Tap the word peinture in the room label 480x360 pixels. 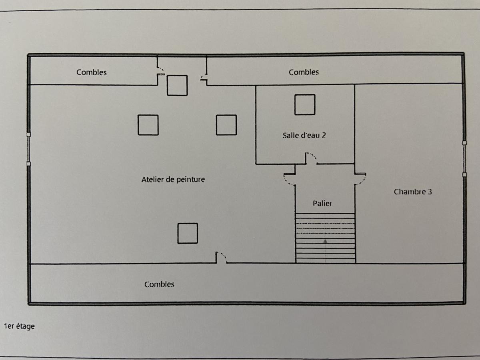(x=190, y=180)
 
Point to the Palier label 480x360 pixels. (x=322, y=204)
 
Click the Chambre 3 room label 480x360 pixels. (x=413, y=192)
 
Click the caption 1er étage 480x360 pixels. (x=19, y=326)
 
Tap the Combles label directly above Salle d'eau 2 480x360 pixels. (x=304, y=72)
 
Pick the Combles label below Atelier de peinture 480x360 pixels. (x=159, y=284)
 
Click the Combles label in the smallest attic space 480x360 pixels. (x=92, y=72)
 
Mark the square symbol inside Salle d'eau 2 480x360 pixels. (x=305, y=104)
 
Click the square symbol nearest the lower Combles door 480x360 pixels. (x=188, y=233)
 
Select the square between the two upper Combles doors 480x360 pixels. (x=177, y=85)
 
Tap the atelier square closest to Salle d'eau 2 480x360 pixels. (x=226, y=125)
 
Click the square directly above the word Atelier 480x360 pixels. (x=148, y=125)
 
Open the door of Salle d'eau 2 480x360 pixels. (x=311, y=158)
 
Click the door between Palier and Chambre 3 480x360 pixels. (x=360, y=178)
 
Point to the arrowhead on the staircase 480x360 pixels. (x=325, y=241)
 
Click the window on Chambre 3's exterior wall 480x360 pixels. (x=464, y=158)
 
